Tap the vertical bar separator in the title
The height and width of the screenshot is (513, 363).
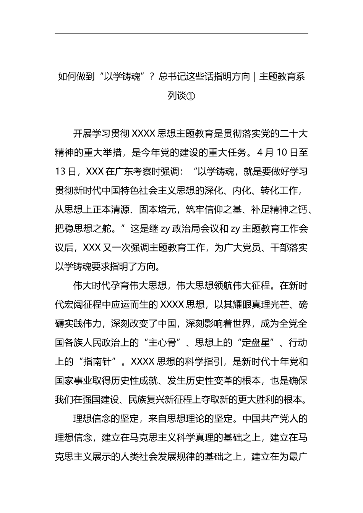[x=254, y=77]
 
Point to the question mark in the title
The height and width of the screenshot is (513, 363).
[x=151, y=77]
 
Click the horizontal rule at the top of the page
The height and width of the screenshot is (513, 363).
[x=181, y=33]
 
